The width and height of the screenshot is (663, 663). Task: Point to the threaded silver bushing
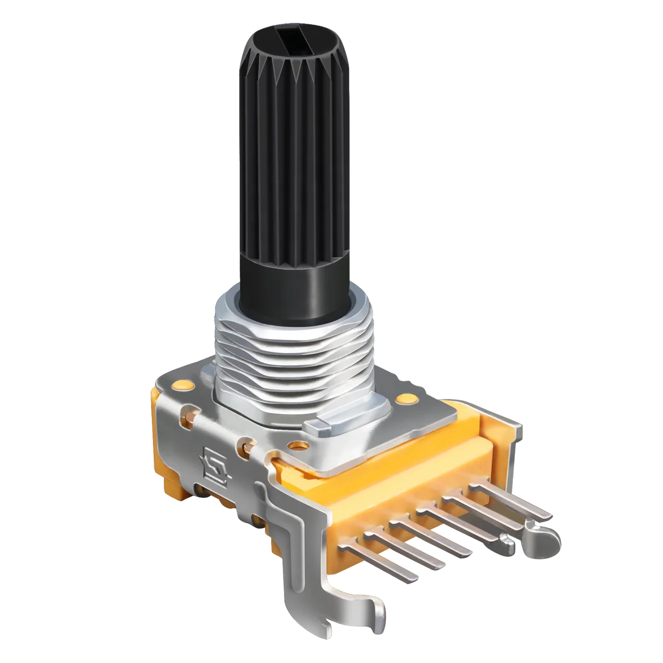click(x=289, y=356)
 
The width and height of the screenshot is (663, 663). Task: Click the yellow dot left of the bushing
click(x=180, y=384)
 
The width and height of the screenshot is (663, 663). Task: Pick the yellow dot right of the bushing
click(x=409, y=398)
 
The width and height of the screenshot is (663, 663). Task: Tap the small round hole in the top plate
click(x=297, y=446)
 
